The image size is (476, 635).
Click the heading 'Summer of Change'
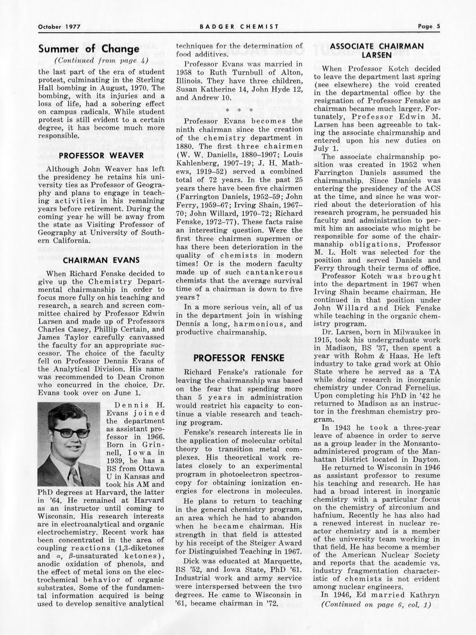pyautogui.click(x=89, y=49)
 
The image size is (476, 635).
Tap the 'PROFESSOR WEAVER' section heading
pyautogui.click(x=101, y=156)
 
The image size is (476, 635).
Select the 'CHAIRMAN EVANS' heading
pyautogui.click(x=101, y=260)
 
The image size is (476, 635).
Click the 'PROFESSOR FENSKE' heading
pyautogui.click(x=239, y=358)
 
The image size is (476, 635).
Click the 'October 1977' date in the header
pyautogui.click(x=59, y=27)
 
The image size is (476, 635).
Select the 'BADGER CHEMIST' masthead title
pyautogui.click(x=239, y=27)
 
